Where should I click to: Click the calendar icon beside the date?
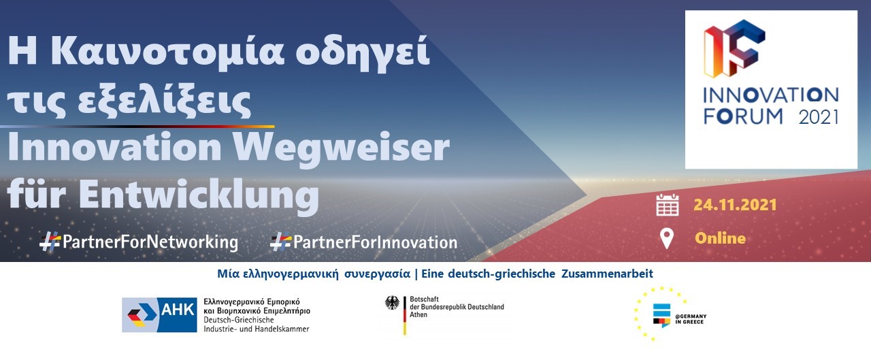tap(668, 205)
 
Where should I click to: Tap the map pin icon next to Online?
tap(667, 239)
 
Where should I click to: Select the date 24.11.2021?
tap(735, 205)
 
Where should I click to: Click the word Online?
tap(720, 238)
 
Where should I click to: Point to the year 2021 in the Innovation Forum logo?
tap(819, 117)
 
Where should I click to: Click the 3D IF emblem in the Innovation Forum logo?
tap(734, 48)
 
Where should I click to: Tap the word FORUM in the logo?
tap(743, 116)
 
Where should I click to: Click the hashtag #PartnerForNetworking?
tap(139, 242)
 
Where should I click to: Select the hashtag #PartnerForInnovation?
tap(364, 242)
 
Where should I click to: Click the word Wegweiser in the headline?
tap(341, 149)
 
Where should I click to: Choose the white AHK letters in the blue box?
tap(178, 310)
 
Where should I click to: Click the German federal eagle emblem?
tap(392, 303)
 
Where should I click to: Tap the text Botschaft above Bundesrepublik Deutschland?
tap(424, 299)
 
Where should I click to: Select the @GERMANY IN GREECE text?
tap(691, 319)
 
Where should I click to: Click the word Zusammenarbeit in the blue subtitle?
tap(607, 274)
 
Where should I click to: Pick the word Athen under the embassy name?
tap(418, 314)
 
